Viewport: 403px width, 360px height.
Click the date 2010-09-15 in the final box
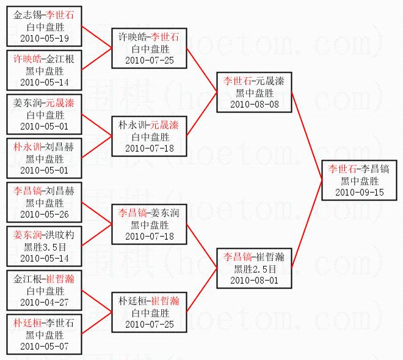click(x=360, y=192)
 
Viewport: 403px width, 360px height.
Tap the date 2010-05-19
click(x=44, y=39)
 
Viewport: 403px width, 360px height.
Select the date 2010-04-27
click(x=44, y=301)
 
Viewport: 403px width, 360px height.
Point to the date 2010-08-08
click(x=255, y=104)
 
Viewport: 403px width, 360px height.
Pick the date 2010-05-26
click(x=44, y=214)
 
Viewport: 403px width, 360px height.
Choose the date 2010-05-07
click(x=44, y=346)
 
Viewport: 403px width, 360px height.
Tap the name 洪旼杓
click(x=61, y=235)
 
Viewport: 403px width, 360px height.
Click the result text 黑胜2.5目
click(x=255, y=268)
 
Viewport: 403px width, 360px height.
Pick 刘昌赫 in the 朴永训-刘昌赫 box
click(x=61, y=147)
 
